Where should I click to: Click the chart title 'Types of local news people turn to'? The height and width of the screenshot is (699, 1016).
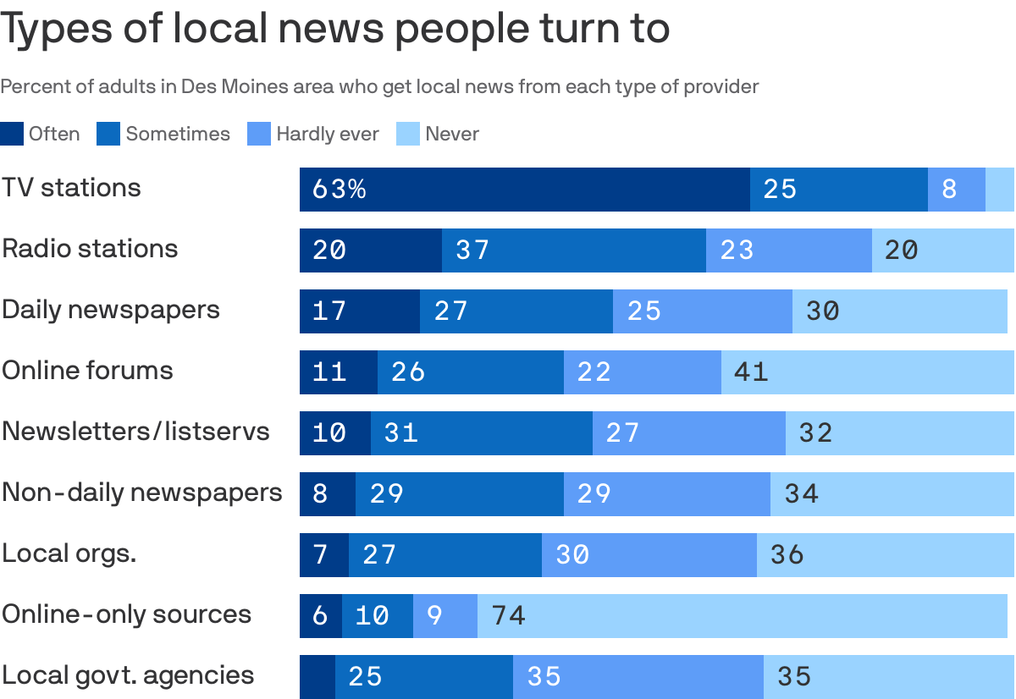pyautogui.click(x=335, y=29)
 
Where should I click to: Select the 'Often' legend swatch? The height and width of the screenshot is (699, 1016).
pyautogui.click(x=12, y=134)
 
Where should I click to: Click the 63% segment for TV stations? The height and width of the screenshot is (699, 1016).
pyautogui.click(x=524, y=189)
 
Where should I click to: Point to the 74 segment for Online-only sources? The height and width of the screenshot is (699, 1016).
pyautogui.click(x=742, y=615)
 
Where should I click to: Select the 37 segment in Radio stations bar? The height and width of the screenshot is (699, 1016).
pyautogui.click(x=573, y=250)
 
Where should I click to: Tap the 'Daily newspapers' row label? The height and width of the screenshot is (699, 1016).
pyautogui.click(x=111, y=310)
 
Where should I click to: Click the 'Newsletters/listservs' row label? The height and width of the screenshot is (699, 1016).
pyautogui.click(x=135, y=432)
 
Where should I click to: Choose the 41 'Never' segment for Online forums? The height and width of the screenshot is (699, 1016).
pyautogui.click(x=867, y=372)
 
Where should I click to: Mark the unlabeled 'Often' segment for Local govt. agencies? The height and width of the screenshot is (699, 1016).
pyautogui.click(x=317, y=676)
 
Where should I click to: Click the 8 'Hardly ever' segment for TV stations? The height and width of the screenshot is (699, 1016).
pyautogui.click(x=957, y=189)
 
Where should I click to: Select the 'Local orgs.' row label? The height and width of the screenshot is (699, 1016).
pyautogui.click(x=69, y=553)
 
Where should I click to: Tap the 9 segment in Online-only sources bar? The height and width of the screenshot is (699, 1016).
pyautogui.click(x=444, y=615)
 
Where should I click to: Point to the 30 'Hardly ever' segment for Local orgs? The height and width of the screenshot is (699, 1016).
pyautogui.click(x=649, y=554)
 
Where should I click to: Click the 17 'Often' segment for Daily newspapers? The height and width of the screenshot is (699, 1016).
pyautogui.click(x=359, y=311)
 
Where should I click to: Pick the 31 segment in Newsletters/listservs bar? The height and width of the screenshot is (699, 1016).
pyautogui.click(x=481, y=432)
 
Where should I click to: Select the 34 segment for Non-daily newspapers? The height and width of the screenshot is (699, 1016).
pyautogui.click(x=892, y=493)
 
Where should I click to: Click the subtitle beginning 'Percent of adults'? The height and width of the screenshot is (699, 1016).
pyautogui.click(x=379, y=86)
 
